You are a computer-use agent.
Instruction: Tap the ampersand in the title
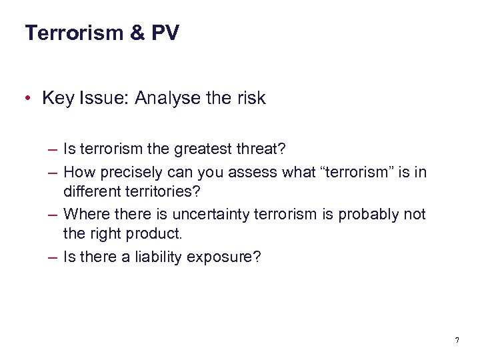[x=138, y=33]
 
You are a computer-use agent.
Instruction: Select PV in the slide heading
[x=165, y=33]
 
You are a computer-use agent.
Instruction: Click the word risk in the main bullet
[x=250, y=99]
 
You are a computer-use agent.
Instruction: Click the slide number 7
[x=457, y=341]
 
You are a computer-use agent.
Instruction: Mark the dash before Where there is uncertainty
[x=53, y=215]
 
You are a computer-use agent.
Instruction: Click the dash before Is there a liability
[x=53, y=257]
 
